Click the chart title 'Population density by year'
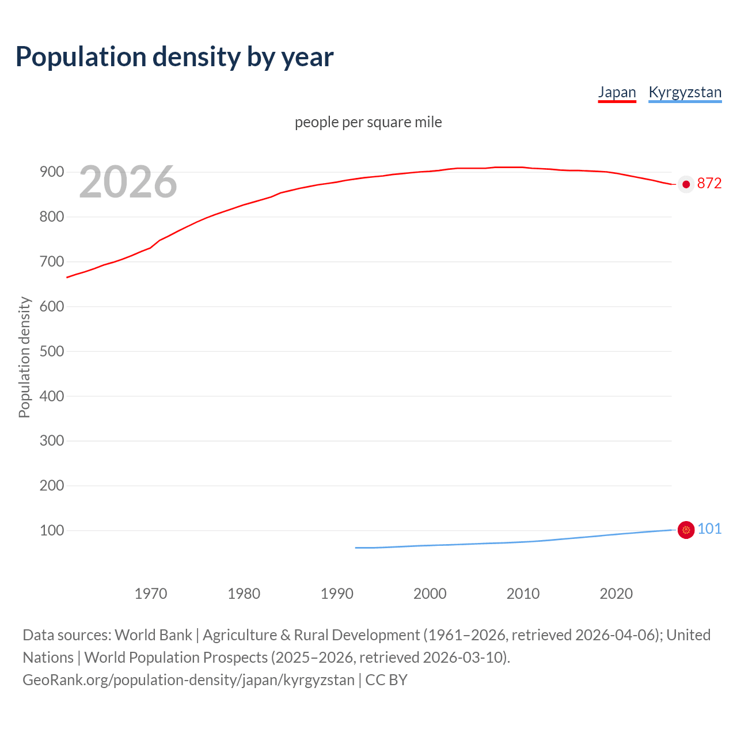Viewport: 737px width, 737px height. click(x=174, y=57)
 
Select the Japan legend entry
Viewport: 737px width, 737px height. click(x=617, y=92)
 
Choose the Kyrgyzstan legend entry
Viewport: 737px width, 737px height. click(x=685, y=92)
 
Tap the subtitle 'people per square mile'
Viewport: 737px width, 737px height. click(x=368, y=122)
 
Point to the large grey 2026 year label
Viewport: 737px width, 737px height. click(x=128, y=182)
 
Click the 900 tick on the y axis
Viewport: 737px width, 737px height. click(x=51, y=172)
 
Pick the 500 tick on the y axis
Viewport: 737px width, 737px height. click(x=51, y=351)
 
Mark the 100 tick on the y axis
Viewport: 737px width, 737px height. click(x=51, y=530)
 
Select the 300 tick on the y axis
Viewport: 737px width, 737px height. click(x=51, y=441)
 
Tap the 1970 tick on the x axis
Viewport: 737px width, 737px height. click(x=151, y=594)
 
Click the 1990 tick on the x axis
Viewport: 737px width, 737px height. click(x=337, y=594)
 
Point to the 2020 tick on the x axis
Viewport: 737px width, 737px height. click(x=616, y=594)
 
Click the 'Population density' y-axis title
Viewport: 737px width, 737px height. click(x=24, y=357)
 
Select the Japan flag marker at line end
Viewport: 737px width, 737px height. click(x=686, y=184)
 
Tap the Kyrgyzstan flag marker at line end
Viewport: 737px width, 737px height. click(x=686, y=530)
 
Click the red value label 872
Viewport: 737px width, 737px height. click(x=709, y=183)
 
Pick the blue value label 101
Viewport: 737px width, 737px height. click(x=709, y=529)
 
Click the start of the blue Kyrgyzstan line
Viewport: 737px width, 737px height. click(x=356, y=548)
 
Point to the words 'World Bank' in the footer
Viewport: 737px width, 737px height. click(x=153, y=635)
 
